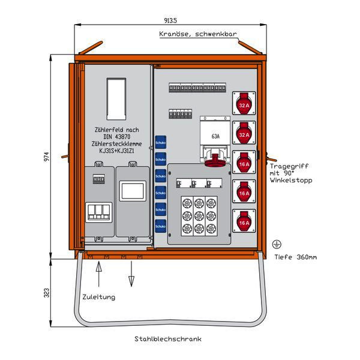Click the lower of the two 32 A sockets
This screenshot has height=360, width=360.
coord(244,133)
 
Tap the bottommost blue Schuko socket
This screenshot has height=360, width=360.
coord(160,227)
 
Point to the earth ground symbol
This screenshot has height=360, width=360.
coord(277,244)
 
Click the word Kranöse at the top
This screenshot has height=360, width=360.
coord(173,34)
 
